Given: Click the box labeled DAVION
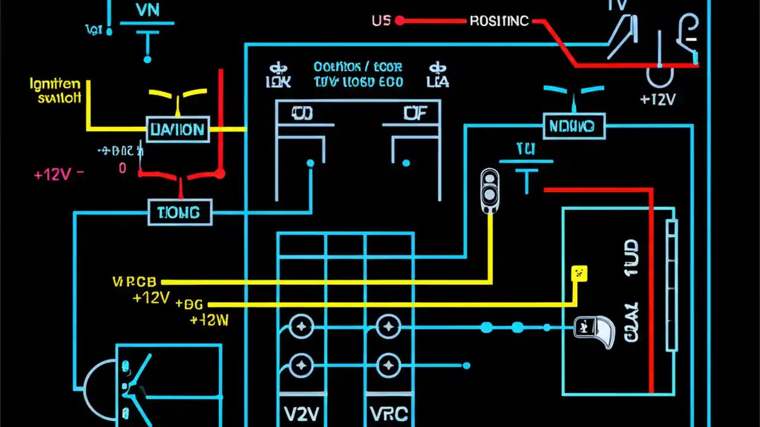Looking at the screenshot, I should click(178, 129).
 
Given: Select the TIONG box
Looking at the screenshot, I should click(179, 212).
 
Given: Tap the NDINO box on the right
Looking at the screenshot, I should click(573, 126).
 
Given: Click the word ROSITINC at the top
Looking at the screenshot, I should click(499, 21).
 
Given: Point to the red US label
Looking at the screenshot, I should click(381, 21).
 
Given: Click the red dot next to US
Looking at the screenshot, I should click(400, 21).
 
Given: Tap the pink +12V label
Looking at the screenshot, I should click(53, 174).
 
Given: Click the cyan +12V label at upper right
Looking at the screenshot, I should click(658, 100).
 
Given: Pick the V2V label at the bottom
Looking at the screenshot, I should click(301, 414).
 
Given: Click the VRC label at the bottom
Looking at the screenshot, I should click(388, 414).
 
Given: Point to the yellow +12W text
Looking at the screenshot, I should click(209, 320).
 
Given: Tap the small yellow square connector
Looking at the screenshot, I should click(578, 273).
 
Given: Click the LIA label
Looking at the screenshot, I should click(438, 82).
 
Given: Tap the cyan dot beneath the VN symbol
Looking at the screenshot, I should click(147, 59).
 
